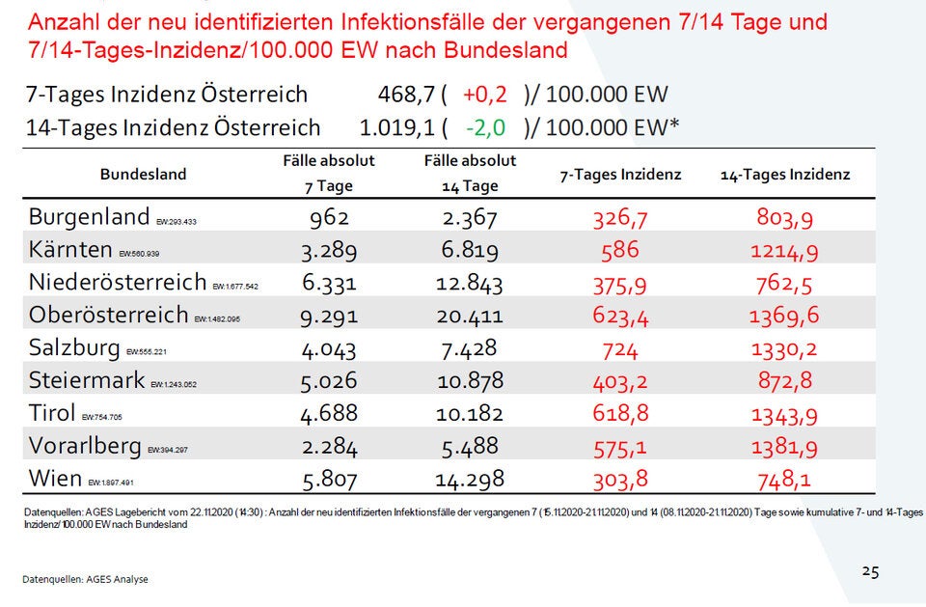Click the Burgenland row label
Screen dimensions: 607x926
pyautogui.click(x=89, y=216)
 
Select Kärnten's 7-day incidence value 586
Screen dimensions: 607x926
pyautogui.click(x=619, y=250)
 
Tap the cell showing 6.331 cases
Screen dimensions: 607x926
pyautogui.click(x=329, y=283)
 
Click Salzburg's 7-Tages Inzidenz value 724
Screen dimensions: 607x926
pyautogui.click(x=619, y=348)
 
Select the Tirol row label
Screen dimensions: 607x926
pyautogui.click(x=52, y=413)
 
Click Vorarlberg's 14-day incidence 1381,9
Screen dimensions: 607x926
pyautogui.click(x=784, y=446)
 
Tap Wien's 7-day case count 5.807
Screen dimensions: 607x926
pyautogui.click(x=329, y=478)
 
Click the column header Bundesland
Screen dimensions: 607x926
pyautogui.click(x=143, y=175)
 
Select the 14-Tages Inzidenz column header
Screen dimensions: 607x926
pyautogui.click(x=785, y=175)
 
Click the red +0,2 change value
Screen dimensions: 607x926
pyautogui.click(x=485, y=95)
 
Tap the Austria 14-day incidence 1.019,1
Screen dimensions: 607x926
pyautogui.click(x=397, y=126)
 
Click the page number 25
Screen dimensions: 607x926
pyautogui.click(x=870, y=571)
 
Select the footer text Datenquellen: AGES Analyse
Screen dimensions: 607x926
pyautogui.click(x=86, y=579)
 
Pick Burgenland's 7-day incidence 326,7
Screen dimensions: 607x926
pyautogui.click(x=619, y=217)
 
